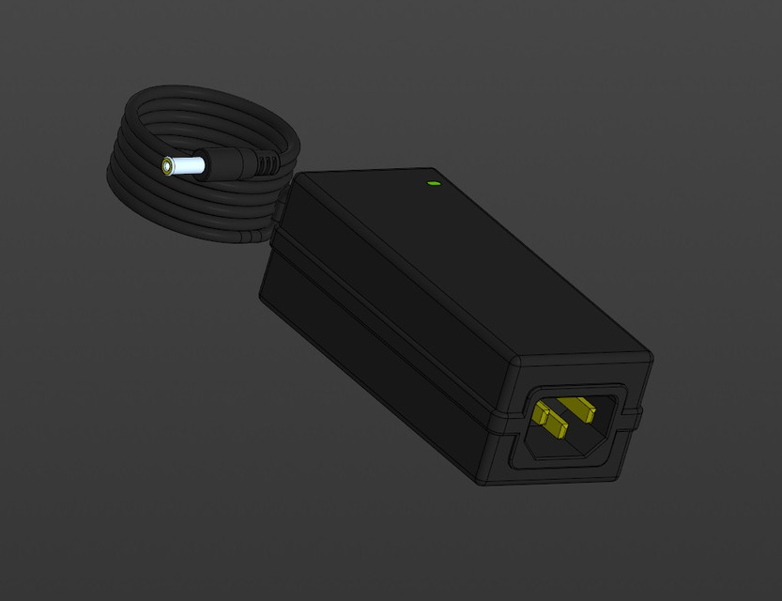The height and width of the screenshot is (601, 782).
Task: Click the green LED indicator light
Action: [x=433, y=182]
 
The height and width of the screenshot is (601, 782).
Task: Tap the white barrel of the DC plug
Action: [x=188, y=166]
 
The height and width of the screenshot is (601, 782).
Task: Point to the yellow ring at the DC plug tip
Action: [x=167, y=166]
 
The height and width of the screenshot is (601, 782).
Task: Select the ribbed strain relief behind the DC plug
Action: [x=267, y=164]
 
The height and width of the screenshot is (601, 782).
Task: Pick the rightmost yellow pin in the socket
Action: [x=581, y=408]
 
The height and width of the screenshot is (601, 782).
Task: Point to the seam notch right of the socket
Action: [x=637, y=410]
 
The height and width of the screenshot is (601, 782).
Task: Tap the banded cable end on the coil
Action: [x=249, y=237]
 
